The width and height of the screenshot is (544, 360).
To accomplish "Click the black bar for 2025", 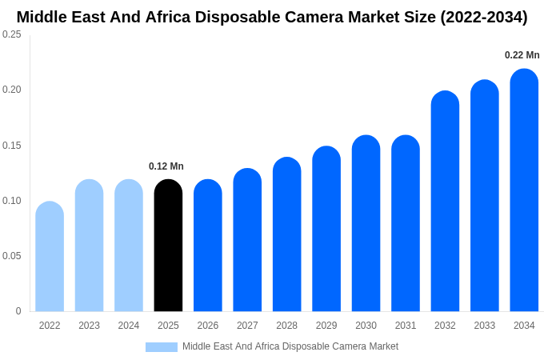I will [x=168, y=246].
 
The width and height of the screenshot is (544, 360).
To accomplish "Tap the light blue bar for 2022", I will [x=50, y=257].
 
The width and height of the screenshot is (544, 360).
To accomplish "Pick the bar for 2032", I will [x=445, y=202].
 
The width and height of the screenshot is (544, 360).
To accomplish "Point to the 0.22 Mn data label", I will [x=522, y=55].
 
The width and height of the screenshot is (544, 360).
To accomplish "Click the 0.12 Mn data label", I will [x=166, y=166].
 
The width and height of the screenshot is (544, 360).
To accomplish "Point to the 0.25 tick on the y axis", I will [x=12, y=34].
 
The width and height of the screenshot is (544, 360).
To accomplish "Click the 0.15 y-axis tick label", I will [x=12, y=146].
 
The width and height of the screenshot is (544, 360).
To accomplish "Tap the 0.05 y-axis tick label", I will [x=12, y=256].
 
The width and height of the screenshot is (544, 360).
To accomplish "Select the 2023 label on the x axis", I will [x=89, y=326].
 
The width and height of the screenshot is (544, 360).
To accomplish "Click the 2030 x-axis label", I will [x=366, y=326].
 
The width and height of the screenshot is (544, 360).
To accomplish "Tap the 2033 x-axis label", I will [x=484, y=326].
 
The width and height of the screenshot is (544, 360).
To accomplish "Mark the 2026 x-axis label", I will [x=208, y=326].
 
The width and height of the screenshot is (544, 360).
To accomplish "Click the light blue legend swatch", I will [x=162, y=347].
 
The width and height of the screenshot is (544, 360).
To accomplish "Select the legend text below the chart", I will [x=290, y=346].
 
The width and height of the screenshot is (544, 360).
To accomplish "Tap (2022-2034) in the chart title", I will [x=483, y=17].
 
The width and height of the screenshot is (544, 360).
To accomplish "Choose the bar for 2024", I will [x=129, y=246].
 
